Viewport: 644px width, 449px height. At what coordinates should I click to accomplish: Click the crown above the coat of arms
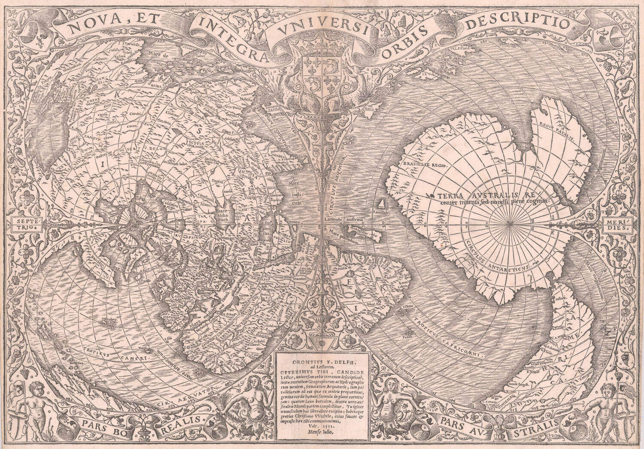click(x=322, y=47)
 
